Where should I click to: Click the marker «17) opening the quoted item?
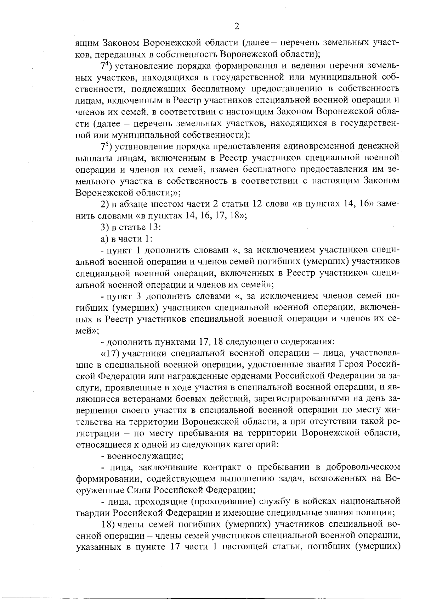coord(109,353)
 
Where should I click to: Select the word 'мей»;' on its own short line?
coord(87,330)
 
